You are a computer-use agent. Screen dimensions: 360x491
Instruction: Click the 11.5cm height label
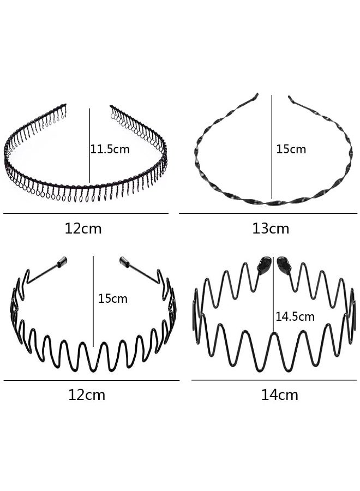[x=110, y=149]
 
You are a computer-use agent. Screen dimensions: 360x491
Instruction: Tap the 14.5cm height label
[x=295, y=316]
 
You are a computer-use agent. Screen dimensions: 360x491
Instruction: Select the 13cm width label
[x=271, y=229]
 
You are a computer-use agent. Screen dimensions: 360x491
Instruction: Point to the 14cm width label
[x=280, y=395]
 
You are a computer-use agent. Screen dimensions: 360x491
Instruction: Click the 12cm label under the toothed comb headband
[x=83, y=229]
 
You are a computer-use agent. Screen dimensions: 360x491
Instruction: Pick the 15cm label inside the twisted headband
[x=291, y=149]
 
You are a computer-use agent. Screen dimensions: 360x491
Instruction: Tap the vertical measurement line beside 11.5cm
[x=90, y=146]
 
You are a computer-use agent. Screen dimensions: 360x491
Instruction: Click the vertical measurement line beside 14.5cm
[x=273, y=294]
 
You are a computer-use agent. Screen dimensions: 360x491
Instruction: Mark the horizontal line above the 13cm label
[x=268, y=213]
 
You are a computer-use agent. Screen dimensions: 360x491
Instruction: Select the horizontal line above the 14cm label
[x=274, y=380]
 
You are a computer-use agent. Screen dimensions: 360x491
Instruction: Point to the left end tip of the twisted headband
[x=256, y=94]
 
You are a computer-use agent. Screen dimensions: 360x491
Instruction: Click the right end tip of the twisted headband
[x=290, y=98]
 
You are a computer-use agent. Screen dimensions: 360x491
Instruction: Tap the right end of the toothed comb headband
[x=112, y=107]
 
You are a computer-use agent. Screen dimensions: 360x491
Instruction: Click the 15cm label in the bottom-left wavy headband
[x=113, y=298]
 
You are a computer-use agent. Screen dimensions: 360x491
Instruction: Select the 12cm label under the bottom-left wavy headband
[x=87, y=395]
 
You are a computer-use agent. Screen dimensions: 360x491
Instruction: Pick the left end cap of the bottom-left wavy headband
[x=62, y=262]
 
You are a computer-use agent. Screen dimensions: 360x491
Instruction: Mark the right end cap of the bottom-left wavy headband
[x=124, y=262]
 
